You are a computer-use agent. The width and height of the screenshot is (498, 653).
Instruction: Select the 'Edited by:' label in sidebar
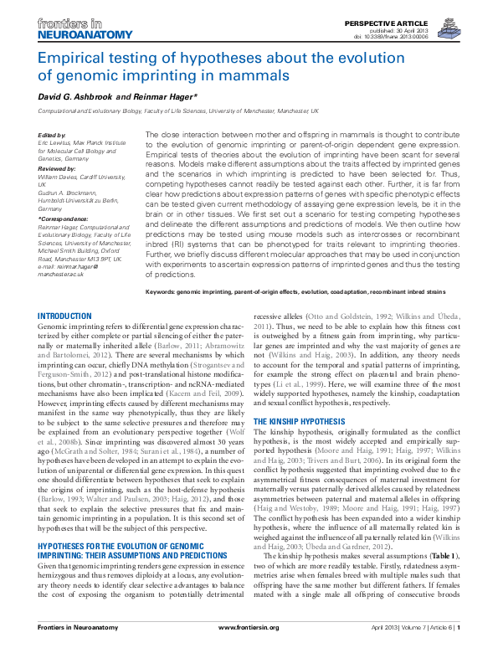click(x=52, y=136)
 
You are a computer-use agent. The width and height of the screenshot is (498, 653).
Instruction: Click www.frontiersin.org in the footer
click(x=250, y=640)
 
